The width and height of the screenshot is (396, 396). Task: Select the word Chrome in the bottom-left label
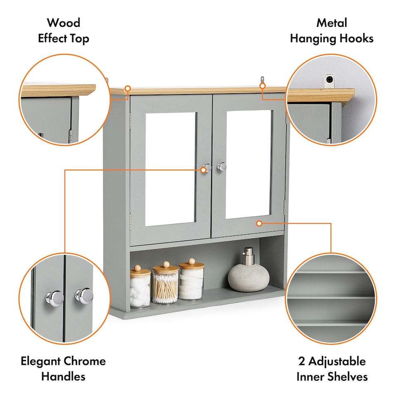click(85, 361)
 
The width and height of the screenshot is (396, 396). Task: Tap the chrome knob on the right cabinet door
click(222, 166)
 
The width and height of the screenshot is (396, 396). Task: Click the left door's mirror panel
click(170, 168)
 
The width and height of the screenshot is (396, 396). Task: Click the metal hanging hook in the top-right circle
click(329, 80)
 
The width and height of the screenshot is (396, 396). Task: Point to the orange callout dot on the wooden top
click(128, 88)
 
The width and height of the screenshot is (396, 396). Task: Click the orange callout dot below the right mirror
click(259, 224)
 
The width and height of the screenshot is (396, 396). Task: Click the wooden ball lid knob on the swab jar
click(165, 264)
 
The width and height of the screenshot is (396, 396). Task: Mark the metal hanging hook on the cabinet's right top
click(262, 80)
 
